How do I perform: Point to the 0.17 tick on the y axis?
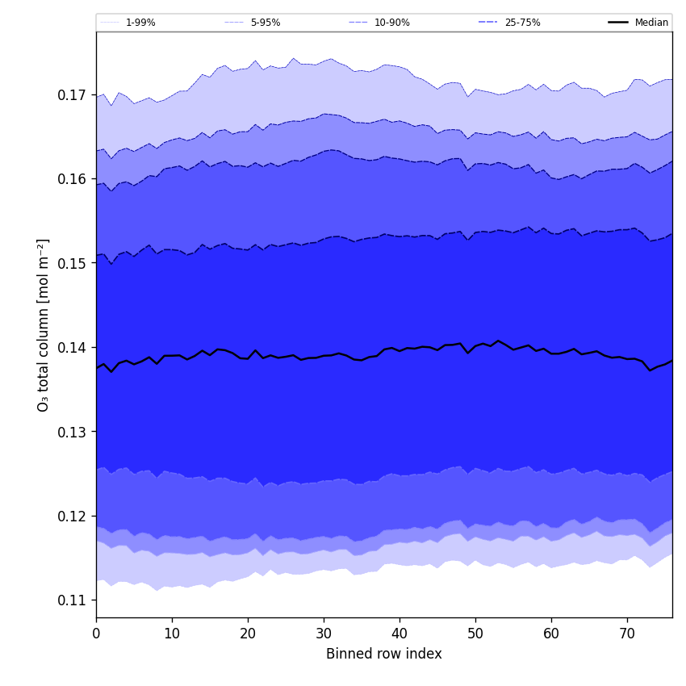coord(73,95)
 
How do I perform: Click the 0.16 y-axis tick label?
coord(73,179)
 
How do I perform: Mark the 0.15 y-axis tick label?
coord(73,263)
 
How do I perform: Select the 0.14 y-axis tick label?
coord(73,348)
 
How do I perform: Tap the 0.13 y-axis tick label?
coord(73,432)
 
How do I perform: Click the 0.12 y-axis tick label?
coord(73,516)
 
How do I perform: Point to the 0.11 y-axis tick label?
coord(73,600)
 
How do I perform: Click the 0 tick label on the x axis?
coord(96,634)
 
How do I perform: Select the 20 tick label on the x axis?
coord(248,634)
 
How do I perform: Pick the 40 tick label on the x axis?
coord(399,634)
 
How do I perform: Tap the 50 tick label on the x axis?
coord(475,634)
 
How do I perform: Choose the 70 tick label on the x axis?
coord(627,634)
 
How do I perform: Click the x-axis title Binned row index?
coord(384,654)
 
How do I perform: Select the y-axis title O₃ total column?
coord(44,324)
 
